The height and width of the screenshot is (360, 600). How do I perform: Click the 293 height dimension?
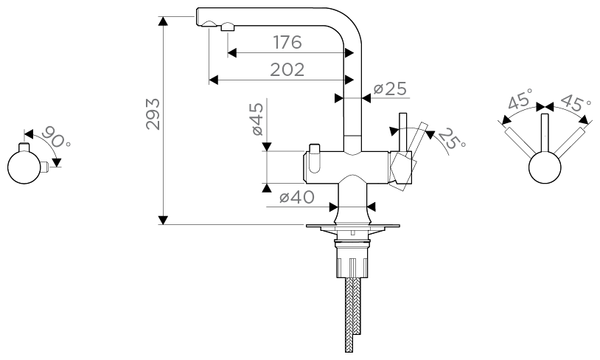pos(153,113)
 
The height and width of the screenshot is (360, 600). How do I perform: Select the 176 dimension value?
pos(287,42)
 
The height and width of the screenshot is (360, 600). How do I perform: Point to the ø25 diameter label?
pos(390,89)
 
